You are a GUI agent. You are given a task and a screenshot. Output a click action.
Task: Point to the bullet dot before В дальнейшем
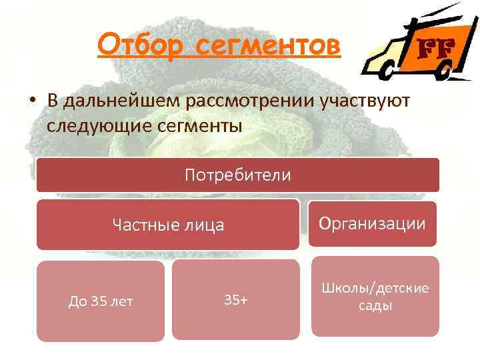(32, 101)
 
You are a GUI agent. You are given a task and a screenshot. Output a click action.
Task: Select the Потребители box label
(237, 175)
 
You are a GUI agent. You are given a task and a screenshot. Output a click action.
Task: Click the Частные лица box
(167, 225)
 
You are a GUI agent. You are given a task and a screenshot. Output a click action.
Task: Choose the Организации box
(372, 223)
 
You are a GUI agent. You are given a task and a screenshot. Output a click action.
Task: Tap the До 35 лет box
(100, 301)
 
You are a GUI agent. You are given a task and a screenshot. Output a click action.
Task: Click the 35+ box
(235, 300)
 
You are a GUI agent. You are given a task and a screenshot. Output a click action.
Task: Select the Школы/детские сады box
(375, 297)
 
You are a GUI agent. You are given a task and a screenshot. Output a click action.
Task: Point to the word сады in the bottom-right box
(375, 306)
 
